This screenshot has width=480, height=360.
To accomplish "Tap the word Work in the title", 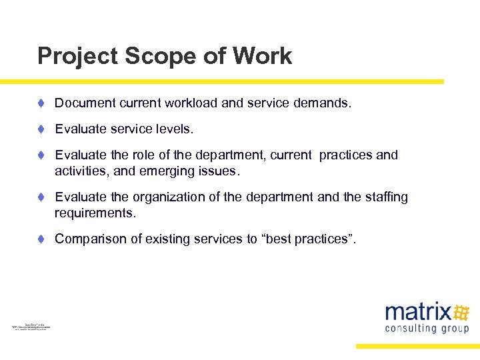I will click(263, 56).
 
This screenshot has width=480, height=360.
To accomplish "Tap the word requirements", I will click(95, 213).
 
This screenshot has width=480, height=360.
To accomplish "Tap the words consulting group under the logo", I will click(427, 328).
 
